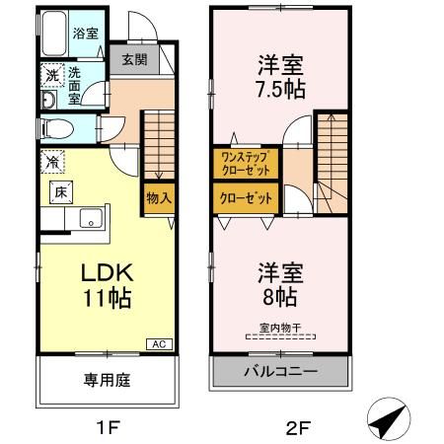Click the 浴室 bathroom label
point(86,34)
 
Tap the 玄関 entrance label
point(135,58)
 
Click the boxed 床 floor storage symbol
point(58,191)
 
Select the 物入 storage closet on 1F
point(160,196)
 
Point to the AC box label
point(157,343)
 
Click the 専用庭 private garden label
point(109,380)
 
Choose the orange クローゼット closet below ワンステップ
point(246,196)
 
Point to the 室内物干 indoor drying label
point(281,329)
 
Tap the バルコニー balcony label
point(280,373)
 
